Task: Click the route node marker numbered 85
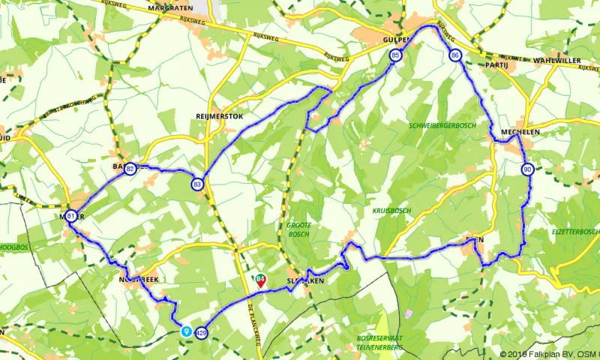[395, 55]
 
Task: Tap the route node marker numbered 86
[455, 55]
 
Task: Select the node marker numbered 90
[528, 169]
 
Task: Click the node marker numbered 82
[130, 169]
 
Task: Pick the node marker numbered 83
[197, 184]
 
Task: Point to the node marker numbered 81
[70, 216]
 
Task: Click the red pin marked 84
[260, 282]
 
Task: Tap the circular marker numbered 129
[201, 332]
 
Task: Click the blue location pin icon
[186, 329]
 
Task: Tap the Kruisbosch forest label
[391, 211]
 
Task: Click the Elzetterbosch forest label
[575, 232]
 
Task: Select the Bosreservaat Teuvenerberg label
[380, 343]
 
